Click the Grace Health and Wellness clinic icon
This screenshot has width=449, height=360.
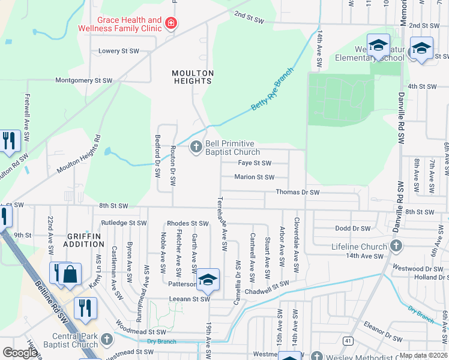171,24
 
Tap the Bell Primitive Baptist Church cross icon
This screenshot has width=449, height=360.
196,147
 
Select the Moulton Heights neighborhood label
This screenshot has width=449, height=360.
193,77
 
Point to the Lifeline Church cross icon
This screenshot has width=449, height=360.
396,246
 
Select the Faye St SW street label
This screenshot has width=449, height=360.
255,163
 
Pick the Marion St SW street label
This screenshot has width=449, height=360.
254,177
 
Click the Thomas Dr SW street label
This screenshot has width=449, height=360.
297,192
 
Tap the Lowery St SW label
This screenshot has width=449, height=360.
119,51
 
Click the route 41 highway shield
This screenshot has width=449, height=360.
347,340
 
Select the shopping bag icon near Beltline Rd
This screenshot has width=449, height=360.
70,274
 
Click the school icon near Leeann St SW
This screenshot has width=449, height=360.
208,279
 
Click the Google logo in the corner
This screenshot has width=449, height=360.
20,353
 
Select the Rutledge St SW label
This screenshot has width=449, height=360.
123,223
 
